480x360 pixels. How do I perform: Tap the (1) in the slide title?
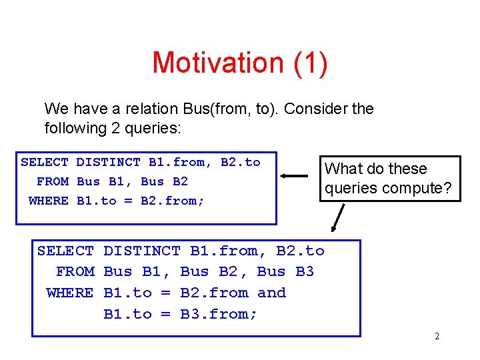pos(309,63)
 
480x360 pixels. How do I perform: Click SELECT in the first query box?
pos(44,162)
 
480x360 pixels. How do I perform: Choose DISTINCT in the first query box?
pos(108,162)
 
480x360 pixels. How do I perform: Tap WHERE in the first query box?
pos(49,200)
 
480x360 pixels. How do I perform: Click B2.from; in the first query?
pos(173,200)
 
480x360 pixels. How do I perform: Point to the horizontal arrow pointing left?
pos(294,176)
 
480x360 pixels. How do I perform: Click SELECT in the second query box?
pos(65,251)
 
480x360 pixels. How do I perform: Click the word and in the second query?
pos(271,293)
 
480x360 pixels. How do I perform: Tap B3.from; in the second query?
pos(219,314)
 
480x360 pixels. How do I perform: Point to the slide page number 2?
pos(437,337)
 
